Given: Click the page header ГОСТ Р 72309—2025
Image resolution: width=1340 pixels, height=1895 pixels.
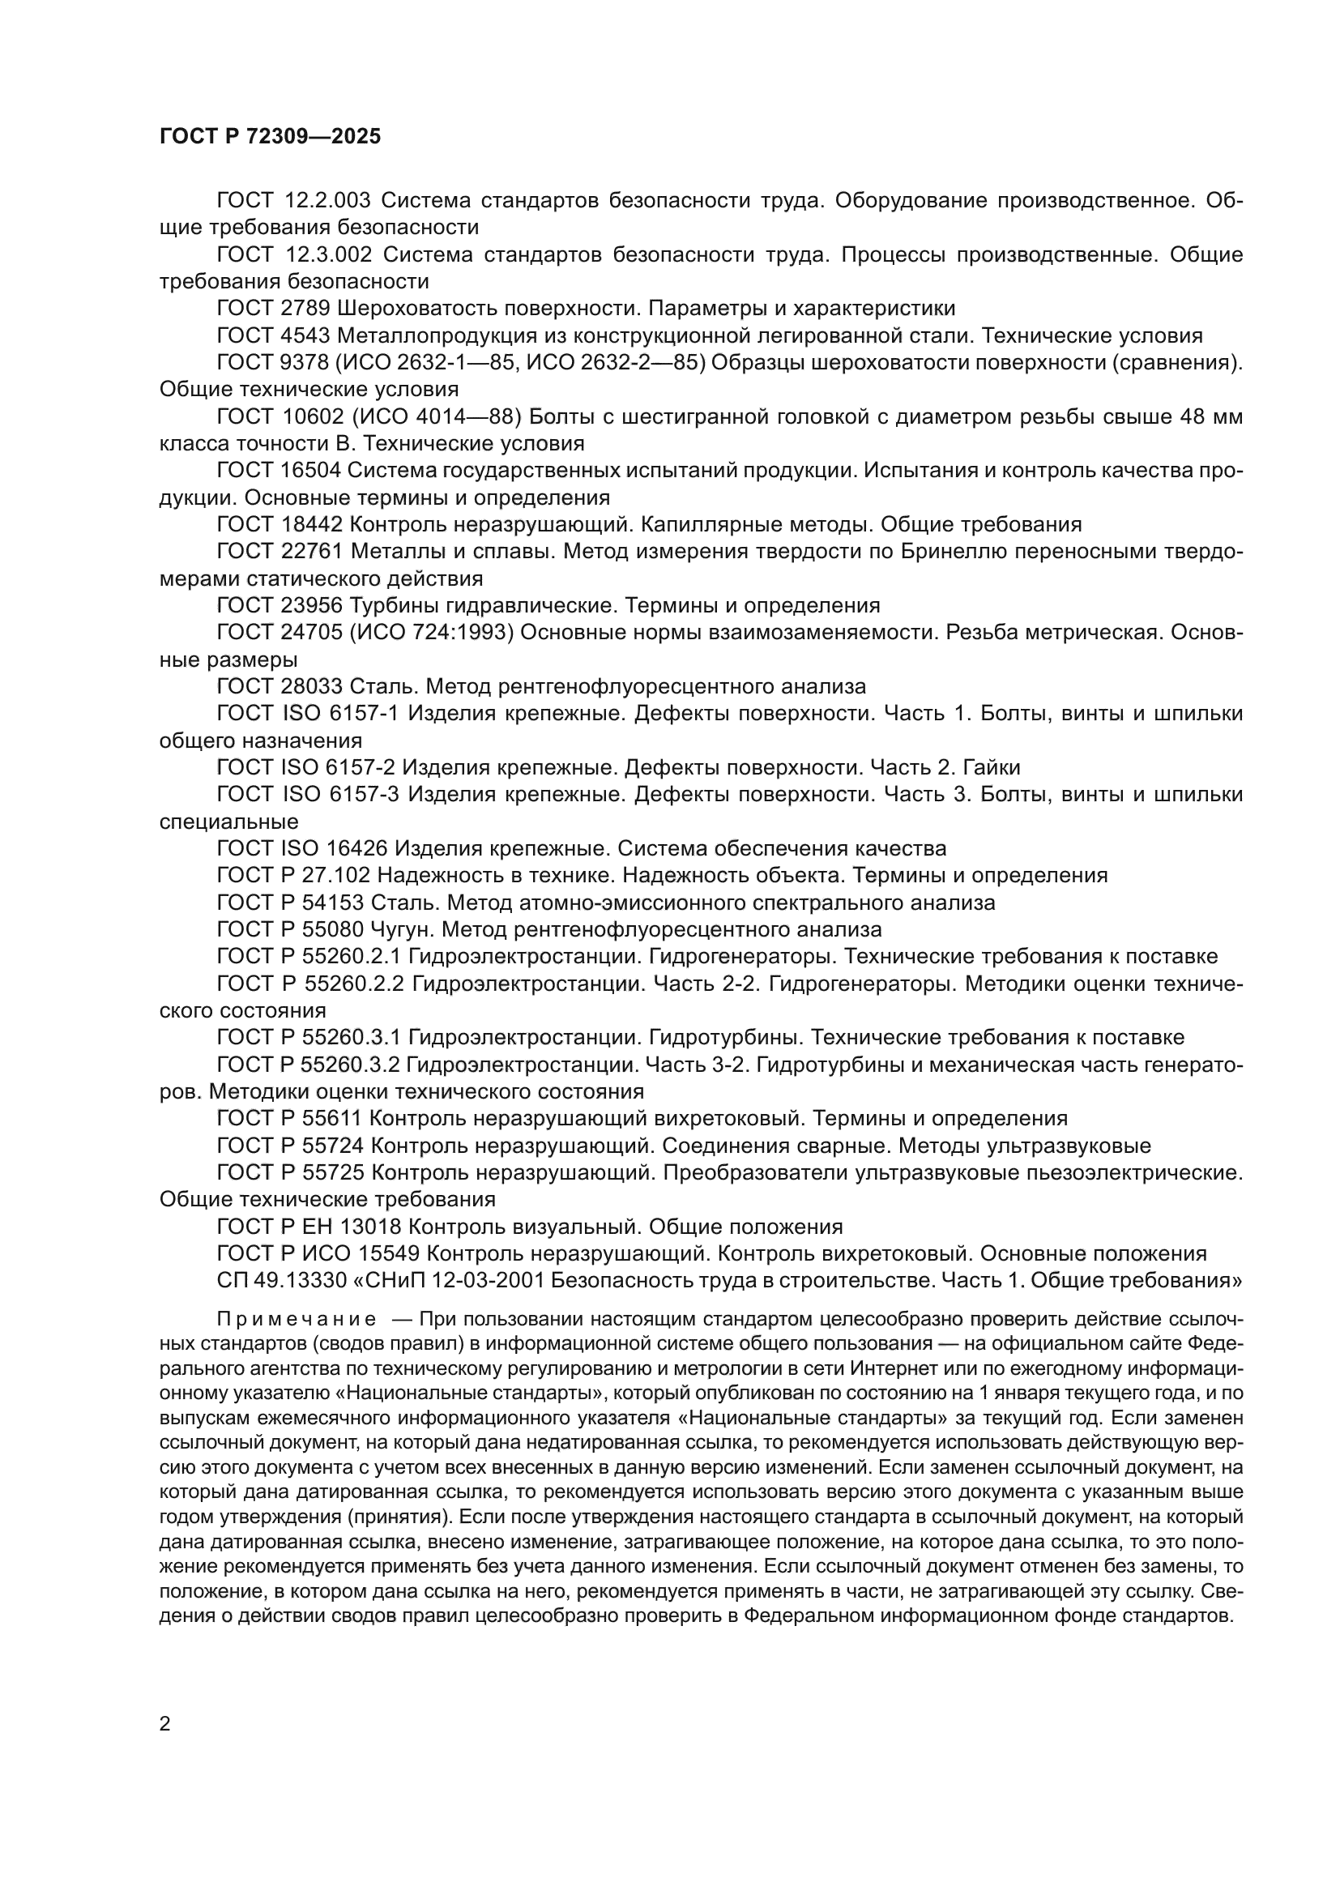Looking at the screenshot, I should [x=270, y=137].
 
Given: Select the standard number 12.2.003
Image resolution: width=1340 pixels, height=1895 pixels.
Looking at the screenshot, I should [x=327, y=201].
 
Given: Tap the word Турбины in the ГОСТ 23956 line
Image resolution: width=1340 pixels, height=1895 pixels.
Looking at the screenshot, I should [x=396, y=606].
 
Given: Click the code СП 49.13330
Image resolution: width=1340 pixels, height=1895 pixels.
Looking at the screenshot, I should [x=271, y=1281].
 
